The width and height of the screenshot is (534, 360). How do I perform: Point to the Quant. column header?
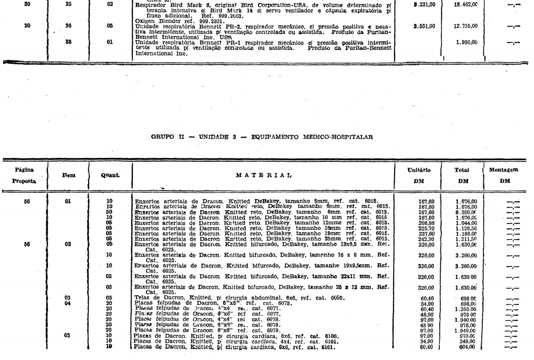pyautogui.click(x=111, y=174)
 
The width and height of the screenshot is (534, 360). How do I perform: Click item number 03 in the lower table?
pyautogui.click(x=68, y=298)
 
